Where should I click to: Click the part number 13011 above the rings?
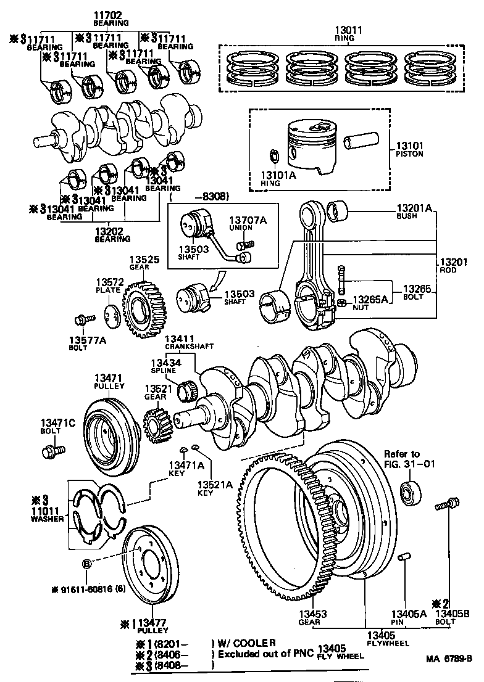point(349,30)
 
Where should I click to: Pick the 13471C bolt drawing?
point(52,452)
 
